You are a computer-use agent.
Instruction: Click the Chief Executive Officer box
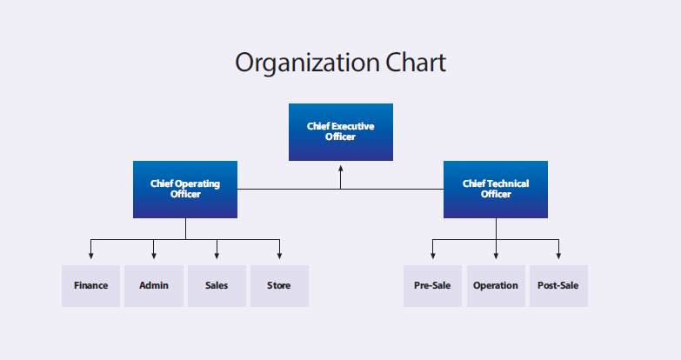click(341, 132)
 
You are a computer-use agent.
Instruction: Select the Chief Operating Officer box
click(185, 190)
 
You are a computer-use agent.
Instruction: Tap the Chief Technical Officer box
click(496, 190)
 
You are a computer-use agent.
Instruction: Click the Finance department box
click(90, 286)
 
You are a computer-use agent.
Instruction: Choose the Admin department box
click(154, 286)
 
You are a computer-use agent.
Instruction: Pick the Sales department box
click(217, 286)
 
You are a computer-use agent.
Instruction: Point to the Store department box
click(279, 286)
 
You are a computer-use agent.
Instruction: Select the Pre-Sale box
click(432, 286)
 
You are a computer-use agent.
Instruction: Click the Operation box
click(496, 286)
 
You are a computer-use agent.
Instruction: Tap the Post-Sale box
click(558, 286)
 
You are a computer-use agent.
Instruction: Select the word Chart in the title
click(416, 63)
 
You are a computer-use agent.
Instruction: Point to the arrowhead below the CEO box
click(341, 169)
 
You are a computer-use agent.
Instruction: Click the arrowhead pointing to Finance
click(90, 256)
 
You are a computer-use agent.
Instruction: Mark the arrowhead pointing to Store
click(279, 256)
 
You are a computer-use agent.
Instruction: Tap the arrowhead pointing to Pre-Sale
click(432, 256)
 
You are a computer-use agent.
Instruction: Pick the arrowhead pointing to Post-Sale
click(558, 256)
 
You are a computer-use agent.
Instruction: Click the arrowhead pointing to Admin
click(154, 256)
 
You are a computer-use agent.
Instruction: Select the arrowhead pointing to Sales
click(217, 256)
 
